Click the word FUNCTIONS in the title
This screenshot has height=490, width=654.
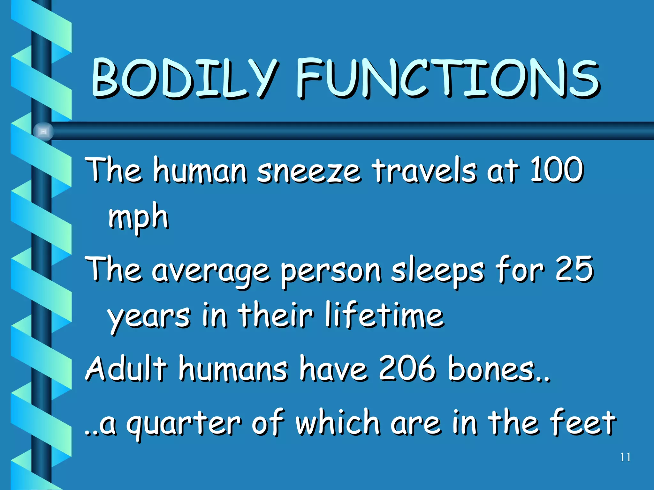(x=447, y=78)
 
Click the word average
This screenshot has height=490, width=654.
(x=211, y=271)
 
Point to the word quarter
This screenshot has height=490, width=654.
(x=183, y=424)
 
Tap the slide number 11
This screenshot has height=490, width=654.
(x=625, y=457)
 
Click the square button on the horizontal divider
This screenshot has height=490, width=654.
(x=43, y=131)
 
